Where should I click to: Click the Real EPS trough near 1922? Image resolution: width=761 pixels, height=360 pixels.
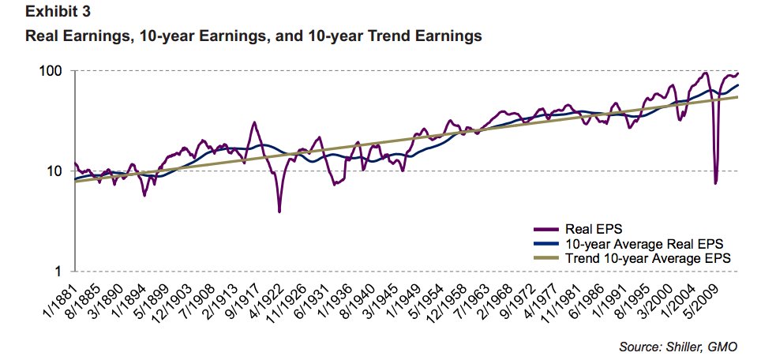[x=279, y=211]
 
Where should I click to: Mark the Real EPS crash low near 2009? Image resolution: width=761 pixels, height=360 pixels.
[x=715, y=183]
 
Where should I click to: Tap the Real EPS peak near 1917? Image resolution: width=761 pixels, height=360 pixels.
[x=254, y=122]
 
